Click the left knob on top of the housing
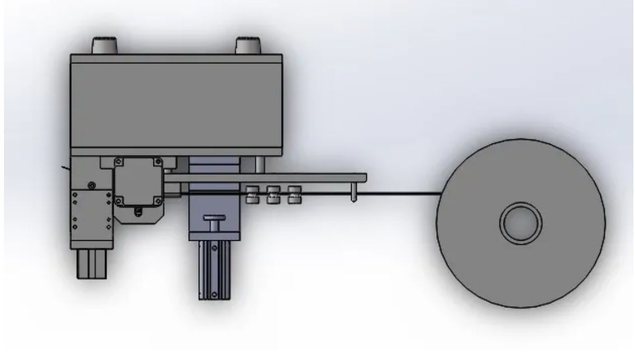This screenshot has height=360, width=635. [104, 45]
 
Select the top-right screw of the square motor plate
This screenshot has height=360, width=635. [159, 162]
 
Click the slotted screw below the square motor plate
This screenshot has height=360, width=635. [138, 212]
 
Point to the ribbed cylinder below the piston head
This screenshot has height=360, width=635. [214, 269]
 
